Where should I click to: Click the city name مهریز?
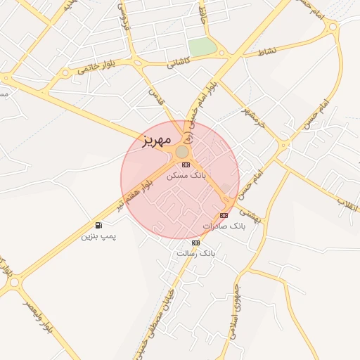coord(146,139)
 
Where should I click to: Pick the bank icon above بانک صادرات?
coord(224,215)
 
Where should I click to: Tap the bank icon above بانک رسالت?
coord(195,243)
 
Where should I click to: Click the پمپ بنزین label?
coord(98,236)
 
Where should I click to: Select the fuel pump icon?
coord(97,226)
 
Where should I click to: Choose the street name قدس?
coord(155,96)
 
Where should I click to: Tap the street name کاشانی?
coord(179,63)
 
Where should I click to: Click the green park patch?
coord(202,47)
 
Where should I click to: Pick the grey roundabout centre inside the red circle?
coord(181,152)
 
